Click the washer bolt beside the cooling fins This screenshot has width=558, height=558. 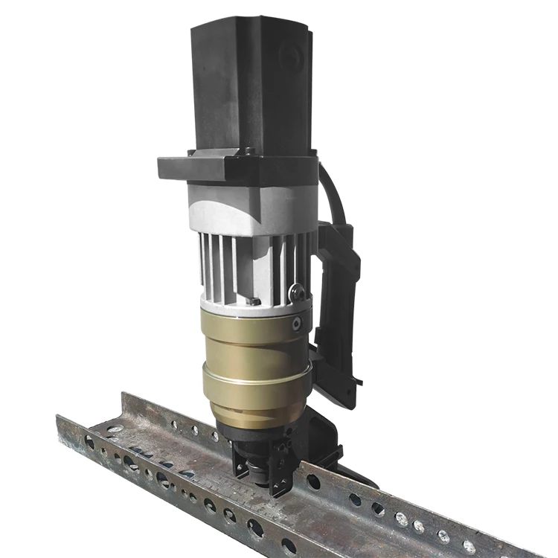click(x=297, y=292)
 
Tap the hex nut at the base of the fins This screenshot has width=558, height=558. click(x=255, y=301)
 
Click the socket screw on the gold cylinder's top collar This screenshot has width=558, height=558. click(x=297, y=324)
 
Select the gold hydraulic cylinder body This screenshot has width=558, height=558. click(x=253, y=357)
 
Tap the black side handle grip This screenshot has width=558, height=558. click(x=339, y=312)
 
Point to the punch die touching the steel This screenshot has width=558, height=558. click(x=260, y=476)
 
